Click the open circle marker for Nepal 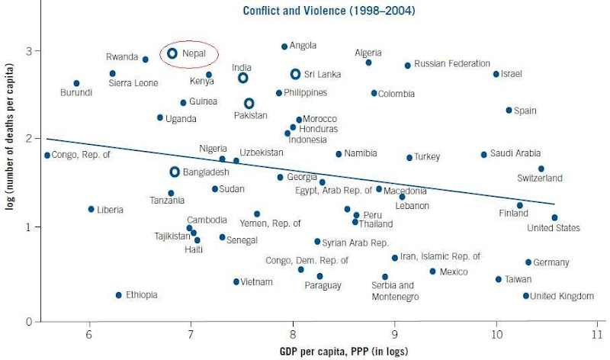(x=172, y=53)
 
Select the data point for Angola (x=284, y=47)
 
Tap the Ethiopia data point (x=118, y=295)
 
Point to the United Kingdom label (x=560, y=296)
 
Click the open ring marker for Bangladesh (x=175, y=172)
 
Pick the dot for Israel (x=496, y=74)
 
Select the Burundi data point (x=76, y=83)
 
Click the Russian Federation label (x=452, y=64)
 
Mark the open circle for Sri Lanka (x=296, y=74)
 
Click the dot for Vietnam (x=236, y=281)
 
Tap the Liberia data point (x=91, y=209)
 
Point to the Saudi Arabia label (x=515, y=154)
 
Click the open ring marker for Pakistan (x=249, y=103)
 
